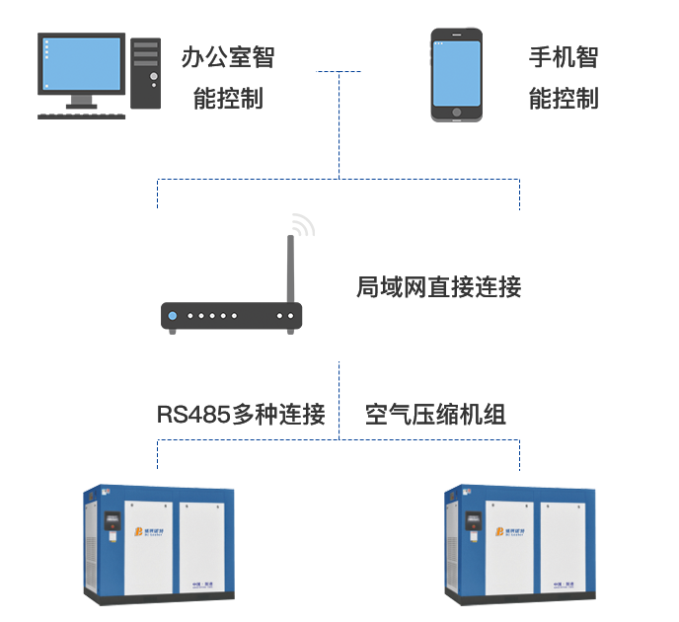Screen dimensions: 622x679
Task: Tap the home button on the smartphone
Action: click(456, 113)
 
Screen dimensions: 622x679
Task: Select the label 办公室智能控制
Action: click(228, 77)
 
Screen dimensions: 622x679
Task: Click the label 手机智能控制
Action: click(564, 77)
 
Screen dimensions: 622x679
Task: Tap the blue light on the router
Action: click(173, 317)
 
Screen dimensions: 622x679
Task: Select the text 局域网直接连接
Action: click(438, 288)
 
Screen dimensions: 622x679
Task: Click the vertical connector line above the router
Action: click(339, 128)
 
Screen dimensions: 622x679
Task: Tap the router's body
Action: click(231, 316)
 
